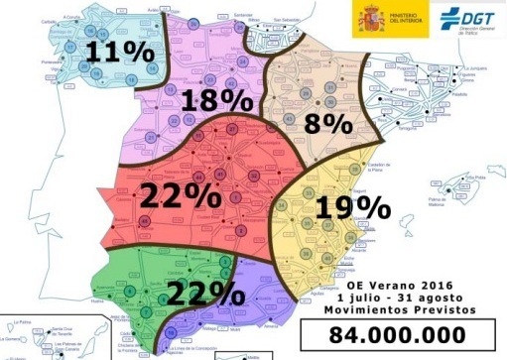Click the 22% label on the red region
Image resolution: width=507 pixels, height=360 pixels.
click(x=181, y=194)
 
